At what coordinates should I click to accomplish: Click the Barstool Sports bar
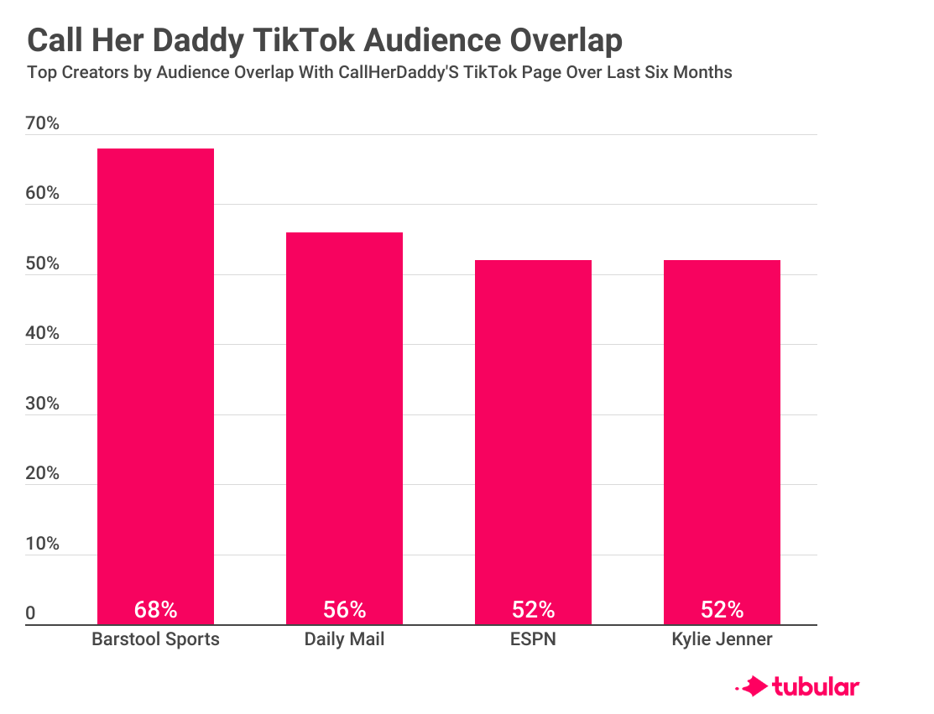[155, 387]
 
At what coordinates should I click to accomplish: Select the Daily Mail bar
[344, 428]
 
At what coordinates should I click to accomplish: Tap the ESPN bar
[533, 442]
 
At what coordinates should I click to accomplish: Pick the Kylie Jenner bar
[722, 442]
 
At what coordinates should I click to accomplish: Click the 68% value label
[155, 610]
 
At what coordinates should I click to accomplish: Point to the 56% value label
[344, 610]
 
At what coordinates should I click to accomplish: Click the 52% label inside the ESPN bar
[533, 610]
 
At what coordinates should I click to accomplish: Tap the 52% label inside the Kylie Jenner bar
[722, 610]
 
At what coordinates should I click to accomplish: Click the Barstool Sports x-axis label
[155, 639]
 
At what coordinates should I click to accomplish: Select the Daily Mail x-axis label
[344, 639]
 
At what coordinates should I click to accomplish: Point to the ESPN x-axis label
[533, 639]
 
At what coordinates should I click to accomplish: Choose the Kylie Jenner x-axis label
[722, 639]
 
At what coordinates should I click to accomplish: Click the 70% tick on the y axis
[42, 123]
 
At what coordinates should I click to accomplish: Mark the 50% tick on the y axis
[42, 263]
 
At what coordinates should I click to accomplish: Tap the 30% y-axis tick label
[42, 404]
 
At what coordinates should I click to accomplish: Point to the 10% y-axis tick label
[42, 544]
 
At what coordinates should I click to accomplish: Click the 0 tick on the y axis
[30, 613]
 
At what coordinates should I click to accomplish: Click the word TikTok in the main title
[305, 40]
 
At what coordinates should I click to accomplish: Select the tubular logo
[797, 686]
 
